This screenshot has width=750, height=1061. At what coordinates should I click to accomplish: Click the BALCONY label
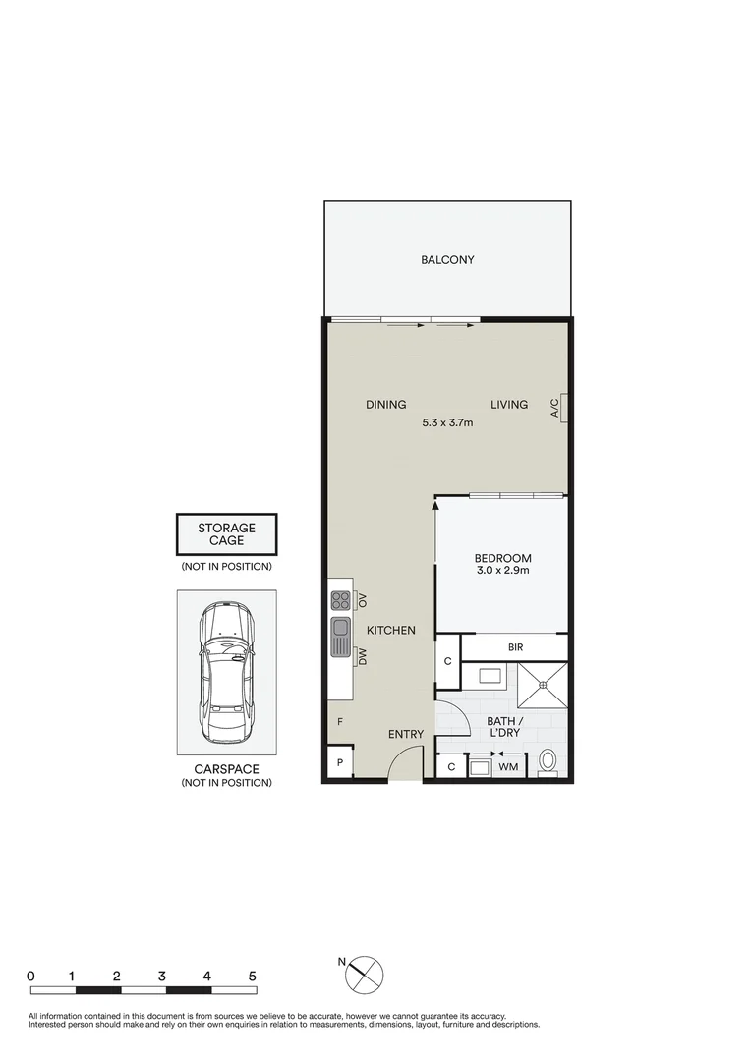coord(447,260)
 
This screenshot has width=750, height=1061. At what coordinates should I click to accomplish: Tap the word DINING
coord(385,404)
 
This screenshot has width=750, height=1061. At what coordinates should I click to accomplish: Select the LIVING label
coord(509,404)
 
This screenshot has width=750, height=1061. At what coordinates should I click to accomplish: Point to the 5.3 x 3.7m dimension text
coord(447,423)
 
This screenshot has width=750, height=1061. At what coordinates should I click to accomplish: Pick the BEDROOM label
coord(501,558)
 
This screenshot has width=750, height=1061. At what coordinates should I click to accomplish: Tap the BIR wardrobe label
coord(515,648)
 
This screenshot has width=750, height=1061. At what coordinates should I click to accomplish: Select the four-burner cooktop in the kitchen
coord(340,599)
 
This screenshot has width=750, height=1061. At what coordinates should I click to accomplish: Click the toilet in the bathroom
coord(548,762)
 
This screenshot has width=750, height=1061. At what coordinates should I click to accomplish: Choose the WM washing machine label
coord(508,766)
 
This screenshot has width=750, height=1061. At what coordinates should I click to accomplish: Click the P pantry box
coord(339,763)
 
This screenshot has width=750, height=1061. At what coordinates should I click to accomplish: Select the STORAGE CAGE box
coord(226,534)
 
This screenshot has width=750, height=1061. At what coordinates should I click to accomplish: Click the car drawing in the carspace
coord(226,673)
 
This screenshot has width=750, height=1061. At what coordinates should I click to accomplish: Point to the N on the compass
coord(342,961)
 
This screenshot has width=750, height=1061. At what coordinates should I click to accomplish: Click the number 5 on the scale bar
coord(253,977)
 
